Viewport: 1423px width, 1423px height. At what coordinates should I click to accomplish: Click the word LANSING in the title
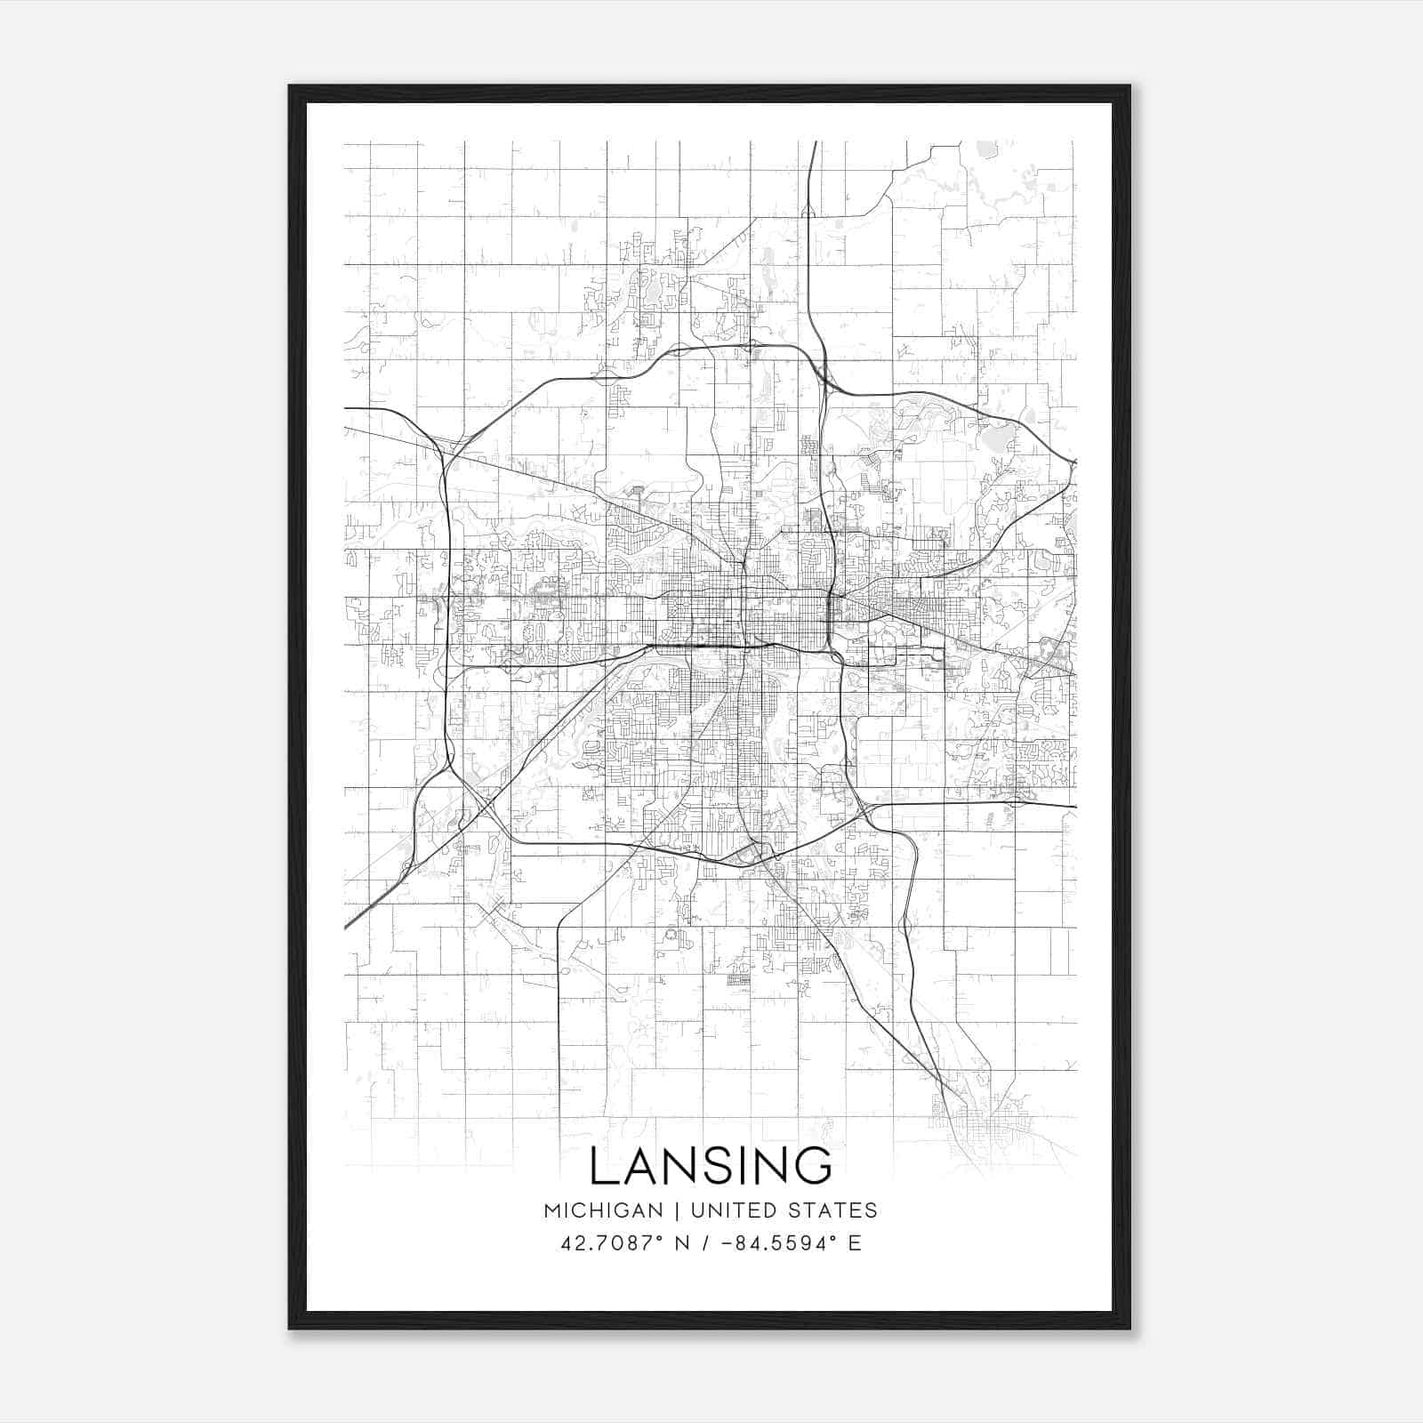(x=711, y=1166)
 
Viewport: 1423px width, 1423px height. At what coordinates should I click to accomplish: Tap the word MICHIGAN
(x=604, y=1210)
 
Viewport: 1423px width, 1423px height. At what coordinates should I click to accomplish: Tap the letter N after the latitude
(x=684, y=1243)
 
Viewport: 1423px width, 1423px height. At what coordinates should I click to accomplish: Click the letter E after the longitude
(x=855, y=1243)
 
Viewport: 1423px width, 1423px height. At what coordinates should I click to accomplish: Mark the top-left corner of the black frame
(x=290, y=86)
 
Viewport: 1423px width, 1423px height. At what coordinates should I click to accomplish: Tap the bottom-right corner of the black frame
(x=1130, y=1329)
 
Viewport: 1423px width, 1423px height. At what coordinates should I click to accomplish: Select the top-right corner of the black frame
(x=1130, y=86)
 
